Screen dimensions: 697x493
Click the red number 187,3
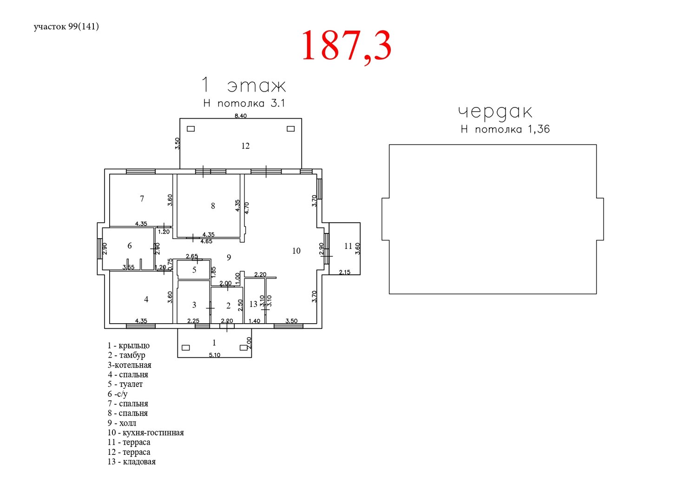pos(346,46)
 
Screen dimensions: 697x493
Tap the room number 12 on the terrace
pos(245,146)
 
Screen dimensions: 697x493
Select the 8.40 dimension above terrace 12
pos(241,116)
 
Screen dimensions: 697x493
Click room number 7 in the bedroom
pos(142,199)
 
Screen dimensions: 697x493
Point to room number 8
pos(213,206)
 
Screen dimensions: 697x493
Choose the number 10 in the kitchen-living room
pos(296,250)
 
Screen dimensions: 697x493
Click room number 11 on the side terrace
pos(348,246)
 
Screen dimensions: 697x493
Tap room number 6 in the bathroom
pos(130,246)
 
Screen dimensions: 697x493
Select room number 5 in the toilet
pos(194,270)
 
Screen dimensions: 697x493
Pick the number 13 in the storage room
pos(253,304)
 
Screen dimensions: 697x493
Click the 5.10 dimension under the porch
pos(214,355)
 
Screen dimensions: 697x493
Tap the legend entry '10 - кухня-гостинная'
pos(145,433)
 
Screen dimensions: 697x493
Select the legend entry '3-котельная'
pos(130,365)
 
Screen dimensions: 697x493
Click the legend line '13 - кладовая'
pos(132,461)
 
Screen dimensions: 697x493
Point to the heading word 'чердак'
pos(495,112)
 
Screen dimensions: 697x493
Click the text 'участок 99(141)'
pos(66,27)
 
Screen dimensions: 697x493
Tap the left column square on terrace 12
pos(191,129)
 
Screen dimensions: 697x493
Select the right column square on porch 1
pos(243,347)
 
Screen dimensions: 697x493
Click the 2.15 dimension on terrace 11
pos(345,272)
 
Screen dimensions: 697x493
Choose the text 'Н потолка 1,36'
pos(506,129)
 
